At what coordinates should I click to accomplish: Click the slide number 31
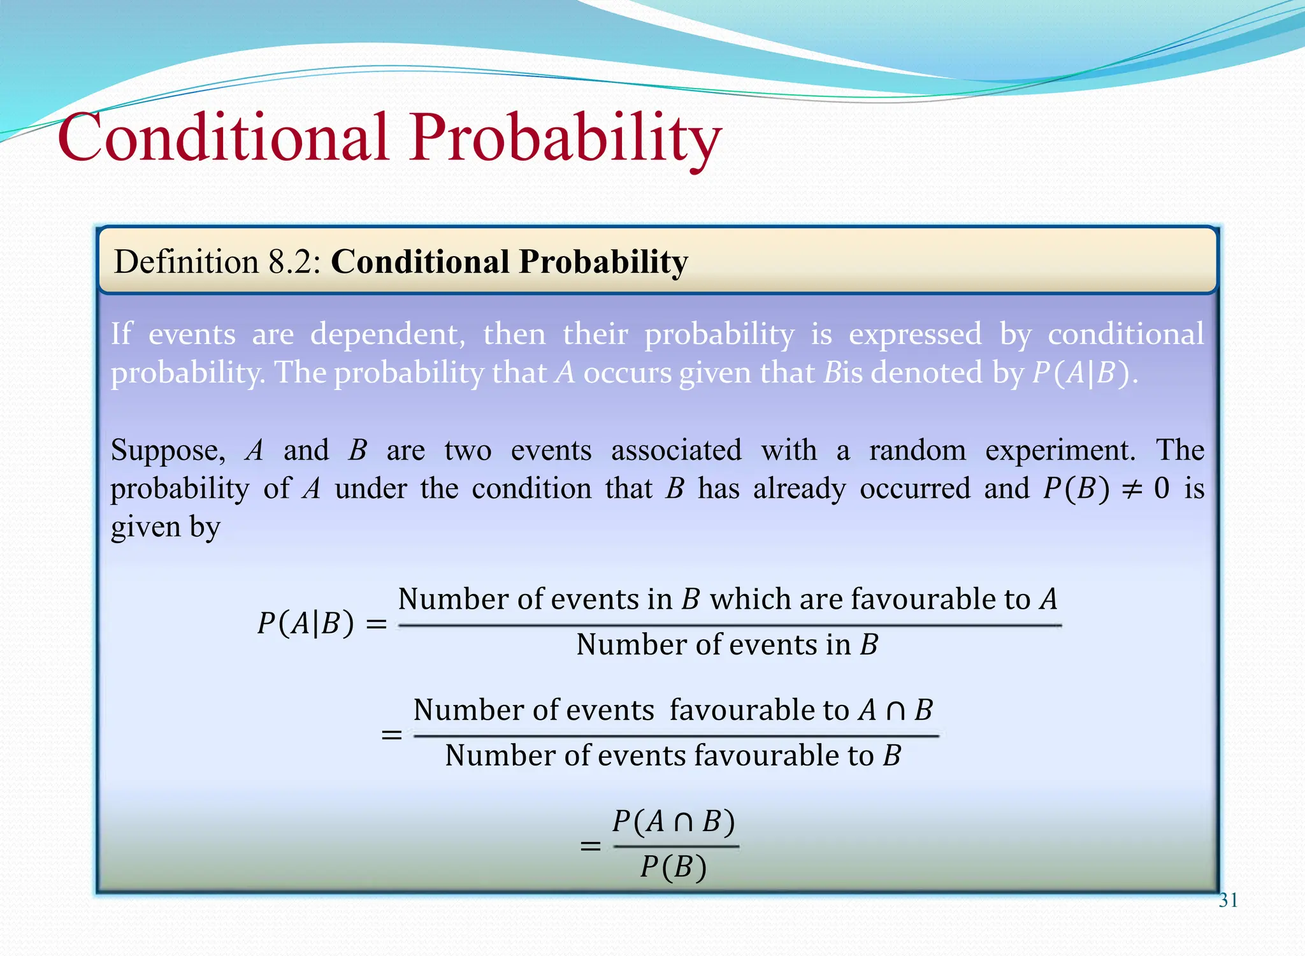(1228, 900)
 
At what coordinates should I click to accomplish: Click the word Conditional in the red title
(222, 137)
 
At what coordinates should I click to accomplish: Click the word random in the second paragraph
(918, 450)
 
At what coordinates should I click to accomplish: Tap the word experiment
(1060, 451)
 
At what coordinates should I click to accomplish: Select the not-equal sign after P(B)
(1132, 489)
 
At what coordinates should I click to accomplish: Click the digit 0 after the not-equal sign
(1162, 488)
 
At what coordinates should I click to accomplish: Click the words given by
(166, 527)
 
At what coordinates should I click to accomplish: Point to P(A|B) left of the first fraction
(305, 623)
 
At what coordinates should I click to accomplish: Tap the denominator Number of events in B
(727, 644)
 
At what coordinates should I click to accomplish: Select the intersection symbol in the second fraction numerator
(895, 710)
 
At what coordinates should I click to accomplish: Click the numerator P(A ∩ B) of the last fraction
(674, 822)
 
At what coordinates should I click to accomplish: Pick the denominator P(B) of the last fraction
(674, 867)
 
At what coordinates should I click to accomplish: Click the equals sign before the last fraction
(590, 846)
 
